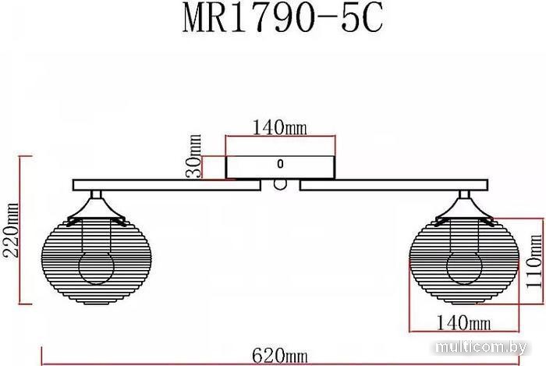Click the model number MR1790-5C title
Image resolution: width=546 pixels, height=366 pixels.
click(x=282, y=18)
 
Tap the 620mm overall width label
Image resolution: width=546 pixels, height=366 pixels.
click(x=279, y=356)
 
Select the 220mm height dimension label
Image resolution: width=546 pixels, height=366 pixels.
click(x=10, y=230)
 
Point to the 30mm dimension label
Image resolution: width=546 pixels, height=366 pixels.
click(x=193, y=156)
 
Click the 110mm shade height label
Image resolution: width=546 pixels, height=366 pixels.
click(x=534, y=261)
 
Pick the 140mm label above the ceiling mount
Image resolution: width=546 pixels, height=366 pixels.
click(x=279, y=128)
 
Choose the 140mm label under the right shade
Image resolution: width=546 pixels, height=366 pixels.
click(x=463, y=322)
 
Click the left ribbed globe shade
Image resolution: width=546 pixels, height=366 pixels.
click(x=97, y=261)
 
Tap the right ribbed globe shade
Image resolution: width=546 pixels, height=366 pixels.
click(x=464, y=261)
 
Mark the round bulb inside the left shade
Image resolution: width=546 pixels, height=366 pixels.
click(x=97, y=268)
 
